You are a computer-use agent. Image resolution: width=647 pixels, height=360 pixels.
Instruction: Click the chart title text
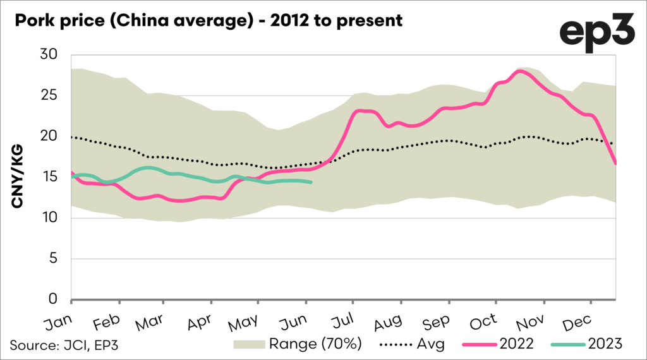click(x=206, y=21)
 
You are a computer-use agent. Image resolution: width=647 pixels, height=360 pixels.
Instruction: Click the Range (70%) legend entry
click(x=297, y=344)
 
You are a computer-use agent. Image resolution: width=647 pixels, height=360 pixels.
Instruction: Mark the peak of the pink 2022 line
click(x=519, y=71)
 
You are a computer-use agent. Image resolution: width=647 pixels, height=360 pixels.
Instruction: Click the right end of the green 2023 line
click(x=311, y=183)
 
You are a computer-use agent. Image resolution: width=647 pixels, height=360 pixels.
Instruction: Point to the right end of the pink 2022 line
click(x=616, y=164)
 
